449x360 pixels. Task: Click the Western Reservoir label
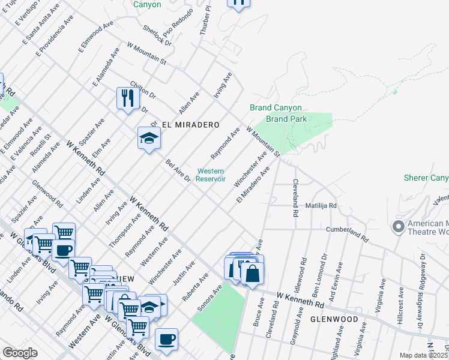[x=211, y=175]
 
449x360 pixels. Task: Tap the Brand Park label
[x=286, y=119]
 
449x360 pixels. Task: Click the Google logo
[x=20, y=353]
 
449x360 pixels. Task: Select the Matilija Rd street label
[x=324, y=205]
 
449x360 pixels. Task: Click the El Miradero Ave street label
[x=253, y=185]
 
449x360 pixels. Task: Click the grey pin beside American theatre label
[x=397, y=227]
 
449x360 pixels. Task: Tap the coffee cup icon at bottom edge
[x=166, y=339]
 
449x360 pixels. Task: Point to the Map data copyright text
[x=424, y=355]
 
